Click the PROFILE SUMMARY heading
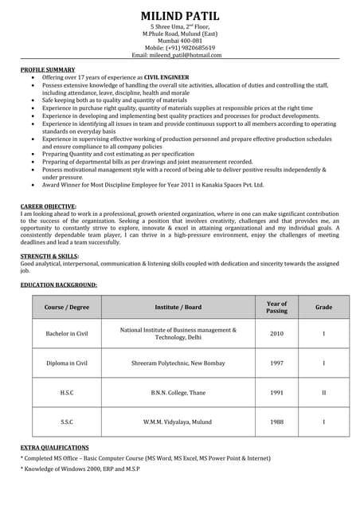48,70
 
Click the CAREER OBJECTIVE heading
49,206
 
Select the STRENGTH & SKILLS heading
49,256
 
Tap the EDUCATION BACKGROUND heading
59,284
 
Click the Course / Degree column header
67,307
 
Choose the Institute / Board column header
178,307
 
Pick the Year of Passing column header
276,307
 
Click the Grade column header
323,307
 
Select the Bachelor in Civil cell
67,333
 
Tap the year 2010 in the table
276,333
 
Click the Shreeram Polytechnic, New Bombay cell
178,363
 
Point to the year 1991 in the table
276,392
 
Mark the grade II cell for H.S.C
323,392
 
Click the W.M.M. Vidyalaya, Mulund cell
178,422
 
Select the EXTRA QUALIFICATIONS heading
54,448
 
